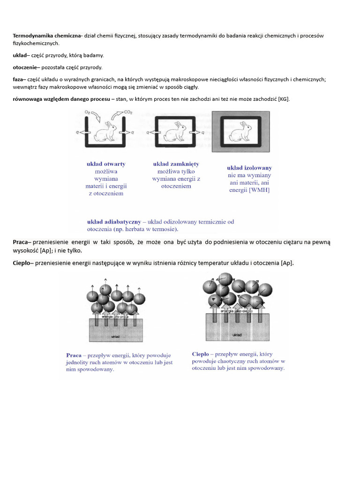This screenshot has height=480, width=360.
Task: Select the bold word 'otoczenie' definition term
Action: tap(24, 67)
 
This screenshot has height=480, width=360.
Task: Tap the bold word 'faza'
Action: tap(18, 79)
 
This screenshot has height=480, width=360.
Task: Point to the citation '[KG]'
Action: tap(284, 99)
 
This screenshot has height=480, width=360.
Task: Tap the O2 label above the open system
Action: tap(88, 113)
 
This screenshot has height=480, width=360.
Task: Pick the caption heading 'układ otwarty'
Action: tap(106, 164)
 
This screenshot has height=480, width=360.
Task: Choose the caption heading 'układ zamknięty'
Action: tap(176, 164)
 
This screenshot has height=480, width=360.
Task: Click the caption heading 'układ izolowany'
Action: tap(249, 167)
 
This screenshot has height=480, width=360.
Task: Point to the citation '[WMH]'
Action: tap(259, 190)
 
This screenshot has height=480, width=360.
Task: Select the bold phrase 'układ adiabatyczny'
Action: tap(114, 221)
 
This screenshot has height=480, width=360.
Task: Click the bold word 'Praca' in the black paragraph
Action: tap(20, 242)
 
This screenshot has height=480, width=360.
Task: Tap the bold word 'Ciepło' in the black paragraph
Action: tap(22, 263)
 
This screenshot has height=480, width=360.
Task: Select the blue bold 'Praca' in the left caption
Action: tap(74, 355)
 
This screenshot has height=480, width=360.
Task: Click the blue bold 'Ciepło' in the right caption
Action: tap(201, 354)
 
